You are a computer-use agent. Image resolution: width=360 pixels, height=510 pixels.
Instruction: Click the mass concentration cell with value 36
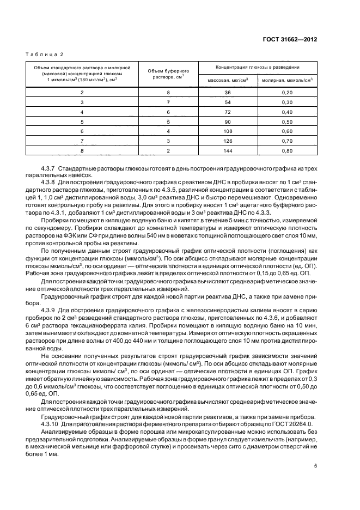[228, 92]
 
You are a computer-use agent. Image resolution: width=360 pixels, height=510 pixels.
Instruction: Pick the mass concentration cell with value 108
[228, 131]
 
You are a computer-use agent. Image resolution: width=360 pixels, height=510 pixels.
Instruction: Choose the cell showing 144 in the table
[228, 150]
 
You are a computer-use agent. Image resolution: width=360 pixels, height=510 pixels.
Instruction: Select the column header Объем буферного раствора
[168, 74]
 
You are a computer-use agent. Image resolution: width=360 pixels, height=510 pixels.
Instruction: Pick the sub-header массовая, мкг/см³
[228, 80]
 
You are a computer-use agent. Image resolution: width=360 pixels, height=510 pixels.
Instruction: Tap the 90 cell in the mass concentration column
[228, 122]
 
